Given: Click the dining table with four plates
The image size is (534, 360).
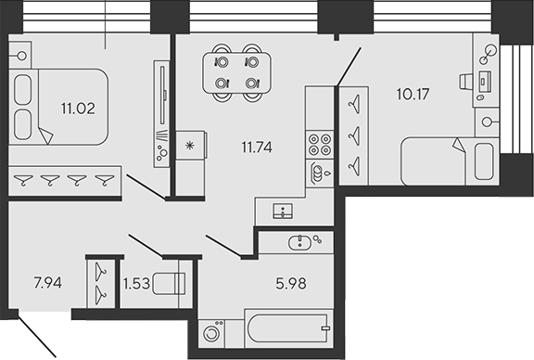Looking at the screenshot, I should (x=237, y=71).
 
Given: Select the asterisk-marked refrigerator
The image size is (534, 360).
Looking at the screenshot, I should (x=190, y=146).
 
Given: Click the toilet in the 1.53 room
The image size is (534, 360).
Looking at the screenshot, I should (x=170, y=284).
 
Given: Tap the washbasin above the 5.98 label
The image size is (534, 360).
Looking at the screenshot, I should (x=302, y=242).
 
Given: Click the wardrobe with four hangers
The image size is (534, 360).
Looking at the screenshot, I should (x=65, y=180).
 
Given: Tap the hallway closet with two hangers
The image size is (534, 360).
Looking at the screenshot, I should (x=97, y=282).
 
